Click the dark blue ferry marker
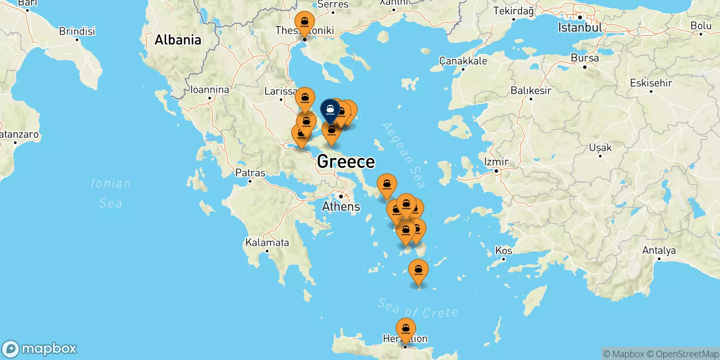click(330, 110)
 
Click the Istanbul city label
click(580, 27)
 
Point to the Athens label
click(341, 207)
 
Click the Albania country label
click(178, 40)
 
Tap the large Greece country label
click(346, 162)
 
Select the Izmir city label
click(496, 162)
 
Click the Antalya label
click(659, 250)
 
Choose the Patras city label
click(250, 173)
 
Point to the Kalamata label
click(267, 243)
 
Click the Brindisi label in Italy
click(77, 31)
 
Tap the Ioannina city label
click(210, 90)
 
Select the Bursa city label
click(585, 58)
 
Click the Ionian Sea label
click(111, 193)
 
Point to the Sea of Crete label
click(417, 309)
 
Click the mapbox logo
click(40, 349)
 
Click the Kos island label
click(504, 250)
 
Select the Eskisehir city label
click(651, 83)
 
